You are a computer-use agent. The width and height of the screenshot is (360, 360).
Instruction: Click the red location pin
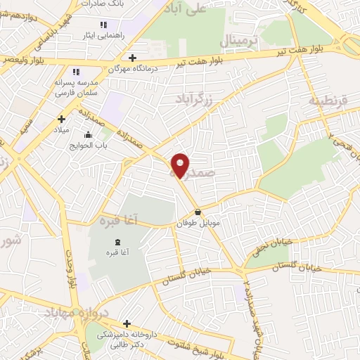(x=181, y=165)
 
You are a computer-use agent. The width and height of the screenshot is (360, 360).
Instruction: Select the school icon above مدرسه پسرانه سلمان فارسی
(x=76, y=72)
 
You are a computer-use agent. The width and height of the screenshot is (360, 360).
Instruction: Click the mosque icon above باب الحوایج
(x=88, y=135)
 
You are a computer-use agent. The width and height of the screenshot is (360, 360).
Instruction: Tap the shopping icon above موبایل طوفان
(x=198, y=212)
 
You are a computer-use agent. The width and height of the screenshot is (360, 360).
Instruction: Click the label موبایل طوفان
(x=193, y=222)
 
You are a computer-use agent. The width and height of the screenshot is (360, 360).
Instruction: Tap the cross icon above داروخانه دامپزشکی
(x=127, y=323)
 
